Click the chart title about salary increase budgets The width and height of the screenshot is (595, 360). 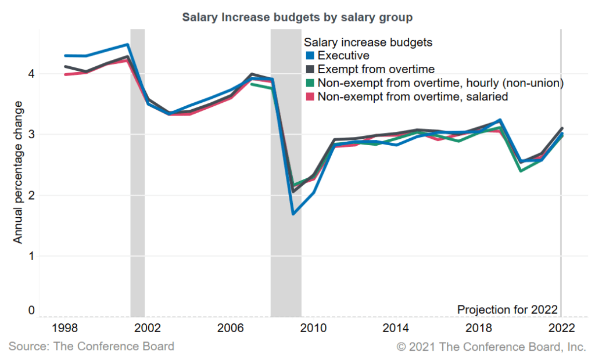click(x=297, y=17)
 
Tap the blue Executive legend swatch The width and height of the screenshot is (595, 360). click(x=309, y=56)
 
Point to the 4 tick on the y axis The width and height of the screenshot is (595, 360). click(x=31, y=74)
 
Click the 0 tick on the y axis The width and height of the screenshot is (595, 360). click(x=31, y=311)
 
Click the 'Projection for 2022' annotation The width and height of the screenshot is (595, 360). click(x=507, y=309)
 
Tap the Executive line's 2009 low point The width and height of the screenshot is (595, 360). click(x=293, y=214)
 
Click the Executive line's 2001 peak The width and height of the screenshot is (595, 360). click(x=127, y=45)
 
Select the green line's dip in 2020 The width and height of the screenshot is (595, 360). click(x=521, y=171)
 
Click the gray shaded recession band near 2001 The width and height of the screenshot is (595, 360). click(x=137, y=174)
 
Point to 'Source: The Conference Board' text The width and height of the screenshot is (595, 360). click(x=91, y=347)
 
